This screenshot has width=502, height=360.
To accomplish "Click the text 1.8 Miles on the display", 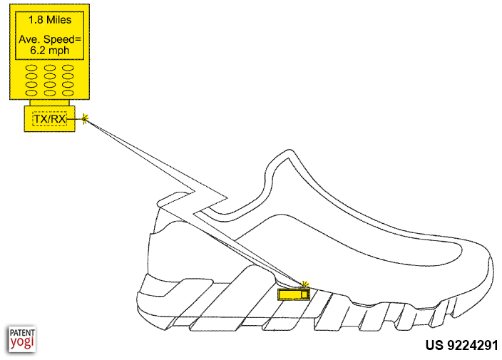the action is pyautogui.click(x=50, y=20).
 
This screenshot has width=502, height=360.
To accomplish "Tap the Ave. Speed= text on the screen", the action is pyautogui.click(x=50, y=39).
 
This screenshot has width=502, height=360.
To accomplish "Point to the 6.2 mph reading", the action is pyautogui.click(x=50, y=51).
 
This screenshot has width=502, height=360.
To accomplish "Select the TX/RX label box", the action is pyautogui.click(x=50, y=119).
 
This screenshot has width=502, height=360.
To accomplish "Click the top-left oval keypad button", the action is pyautogui.click(x=31, y=68).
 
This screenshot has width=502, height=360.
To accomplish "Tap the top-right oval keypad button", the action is pyautogui.click(x=68, y=68).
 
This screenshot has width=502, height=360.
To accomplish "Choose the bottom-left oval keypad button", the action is pyautogui.click(x=31, y=93).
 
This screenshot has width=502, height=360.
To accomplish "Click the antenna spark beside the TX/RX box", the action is pyautogui.click(x=85, y=119).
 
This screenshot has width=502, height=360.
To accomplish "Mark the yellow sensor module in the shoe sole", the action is pyautogui.click(x=294, y=294).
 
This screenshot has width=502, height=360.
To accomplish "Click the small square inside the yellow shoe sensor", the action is pyautogui.click(x=304, y=294).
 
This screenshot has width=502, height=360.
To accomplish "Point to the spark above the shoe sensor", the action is pyautogui.click(x=305, y=284).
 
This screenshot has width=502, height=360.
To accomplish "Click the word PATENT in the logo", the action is pyautogui.click(x=22, y=332).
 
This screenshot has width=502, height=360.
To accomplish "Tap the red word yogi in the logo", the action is pyautogui.click(x=22, y=342).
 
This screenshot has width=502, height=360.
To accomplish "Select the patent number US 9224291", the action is pyautogui.click(x=461, y=345).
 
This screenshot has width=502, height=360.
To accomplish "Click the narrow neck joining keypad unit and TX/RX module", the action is pyautogui.click(x=50, y=103).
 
